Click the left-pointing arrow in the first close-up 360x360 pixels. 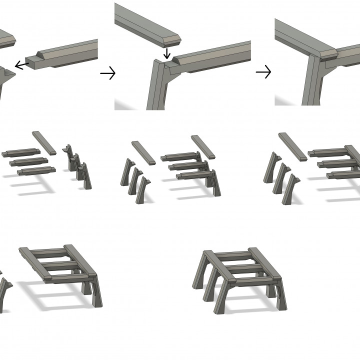pyautogui.click(x=20, y=64)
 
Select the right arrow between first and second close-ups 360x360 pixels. pyautogui.click(x=107, y=74)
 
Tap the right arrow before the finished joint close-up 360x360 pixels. pyautogui.click(x=263, y=73)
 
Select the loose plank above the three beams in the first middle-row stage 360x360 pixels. pyautogui.click(x=44, y=142)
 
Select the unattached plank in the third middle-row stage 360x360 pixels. pyautogui.click(x=292, y=146)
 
